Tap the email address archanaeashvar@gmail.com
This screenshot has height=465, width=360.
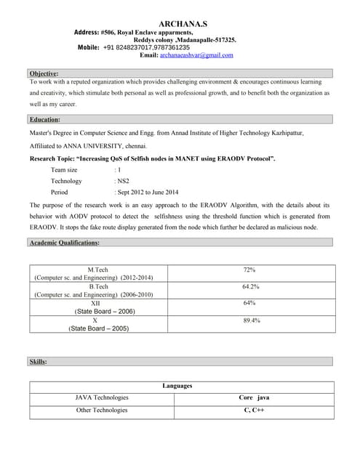coord(196,55)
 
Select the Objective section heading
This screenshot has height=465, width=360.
coord(44,73)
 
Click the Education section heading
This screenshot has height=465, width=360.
coord(45,119)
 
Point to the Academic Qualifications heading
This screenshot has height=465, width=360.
coord(65,242)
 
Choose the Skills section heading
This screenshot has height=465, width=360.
coord(38,361)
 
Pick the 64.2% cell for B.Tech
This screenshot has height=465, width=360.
coord(251,287)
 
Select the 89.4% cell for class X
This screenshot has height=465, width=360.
coord(252,320)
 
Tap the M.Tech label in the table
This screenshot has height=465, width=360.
coord(97,270)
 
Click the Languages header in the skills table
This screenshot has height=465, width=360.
coord(177,386)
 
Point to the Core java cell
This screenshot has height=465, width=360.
coord(254,397)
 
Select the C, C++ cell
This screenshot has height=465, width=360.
coord(254,411)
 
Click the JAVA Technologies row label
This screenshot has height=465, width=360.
coord(102,397)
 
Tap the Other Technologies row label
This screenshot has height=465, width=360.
coord(102,411)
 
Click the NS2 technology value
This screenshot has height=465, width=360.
coord(123,181)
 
